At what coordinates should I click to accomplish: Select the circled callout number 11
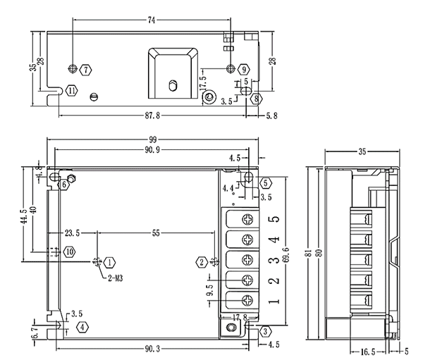point(71,90)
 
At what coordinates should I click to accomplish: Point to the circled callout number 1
point(110,262)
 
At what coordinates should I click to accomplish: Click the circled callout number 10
point(69,251)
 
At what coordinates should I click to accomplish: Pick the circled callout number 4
point(83,327)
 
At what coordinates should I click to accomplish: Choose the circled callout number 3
point(265,331)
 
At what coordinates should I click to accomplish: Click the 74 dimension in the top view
point(151,20)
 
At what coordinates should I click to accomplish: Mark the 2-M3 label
point(116,278)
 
